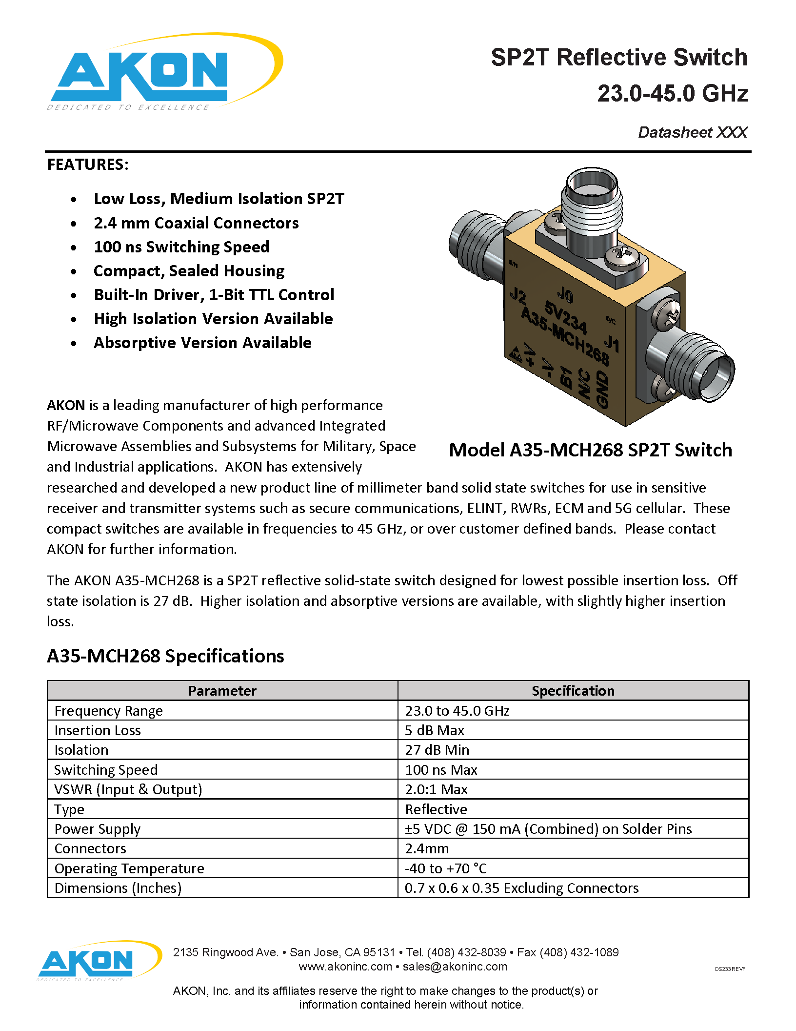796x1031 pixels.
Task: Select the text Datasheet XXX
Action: (692, 132)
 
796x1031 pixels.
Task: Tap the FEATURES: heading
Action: (88, 165)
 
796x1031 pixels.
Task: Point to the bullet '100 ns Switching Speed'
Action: (181, 247)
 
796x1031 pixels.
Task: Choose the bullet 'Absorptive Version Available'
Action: (202, 343)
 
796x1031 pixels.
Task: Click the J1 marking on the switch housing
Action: (612, 343)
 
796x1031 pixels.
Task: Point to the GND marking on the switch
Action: (602, 389)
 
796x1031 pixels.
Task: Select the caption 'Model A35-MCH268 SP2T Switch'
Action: (590, 450)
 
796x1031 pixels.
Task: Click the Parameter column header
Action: (222, 691)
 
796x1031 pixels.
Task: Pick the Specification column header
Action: (573, 691)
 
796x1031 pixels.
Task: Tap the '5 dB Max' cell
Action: (435, 730)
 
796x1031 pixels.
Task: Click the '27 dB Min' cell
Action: (437, 750)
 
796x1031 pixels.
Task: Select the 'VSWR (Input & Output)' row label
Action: (128, 789)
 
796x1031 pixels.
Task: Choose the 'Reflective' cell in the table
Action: (436, 809)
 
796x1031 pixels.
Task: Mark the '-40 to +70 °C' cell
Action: (446, 868)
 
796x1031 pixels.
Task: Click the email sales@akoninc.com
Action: (455, 967)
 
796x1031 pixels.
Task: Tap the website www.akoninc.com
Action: (345, 967)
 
